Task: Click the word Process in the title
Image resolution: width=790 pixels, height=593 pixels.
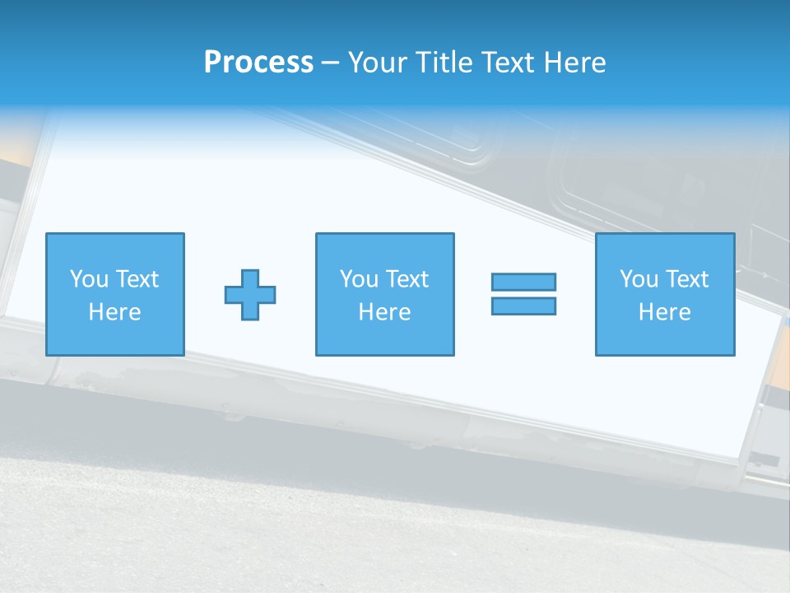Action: (258, 63)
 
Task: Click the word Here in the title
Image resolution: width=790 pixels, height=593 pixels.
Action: (576, 63)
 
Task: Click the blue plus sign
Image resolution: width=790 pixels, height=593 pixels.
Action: (250, 294)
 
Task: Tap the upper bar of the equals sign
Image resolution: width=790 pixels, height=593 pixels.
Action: (523, 282)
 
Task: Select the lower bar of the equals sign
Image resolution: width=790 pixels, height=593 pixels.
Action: (523, 306)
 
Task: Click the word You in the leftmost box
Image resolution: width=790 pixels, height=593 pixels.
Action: (89, 279)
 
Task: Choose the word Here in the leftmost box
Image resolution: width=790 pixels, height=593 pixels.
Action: (114, 312)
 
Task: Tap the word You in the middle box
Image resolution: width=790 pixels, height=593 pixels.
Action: (359, 279)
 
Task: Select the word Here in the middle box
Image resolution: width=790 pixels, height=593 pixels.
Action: (384, 312)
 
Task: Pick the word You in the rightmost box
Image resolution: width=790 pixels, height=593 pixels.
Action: (639, 279)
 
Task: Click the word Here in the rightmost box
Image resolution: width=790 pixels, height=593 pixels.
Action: (664, 312)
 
